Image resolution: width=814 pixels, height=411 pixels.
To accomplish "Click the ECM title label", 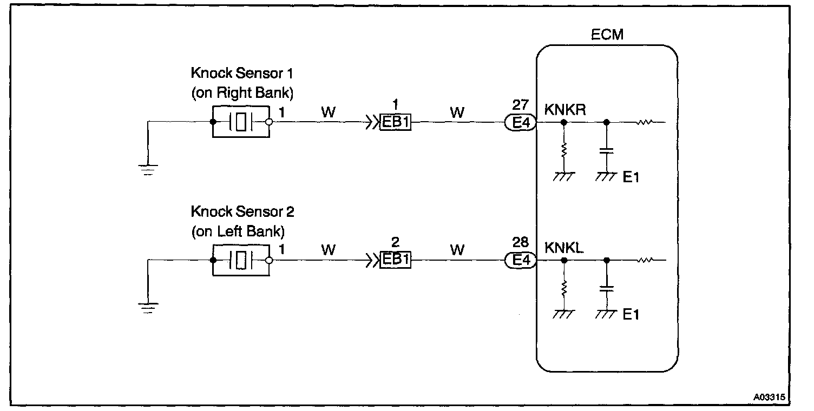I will coord(607,35).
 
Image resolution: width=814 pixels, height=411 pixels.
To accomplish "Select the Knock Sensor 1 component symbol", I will coord(241,122).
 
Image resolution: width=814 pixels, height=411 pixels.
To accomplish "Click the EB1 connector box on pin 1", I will coord(396,123).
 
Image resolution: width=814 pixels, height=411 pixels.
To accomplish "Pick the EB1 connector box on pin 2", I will coord(396,261).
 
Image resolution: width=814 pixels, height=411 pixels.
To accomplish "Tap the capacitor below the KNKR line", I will coord(607,151).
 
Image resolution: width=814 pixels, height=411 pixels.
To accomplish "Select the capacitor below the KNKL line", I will coord(607,289).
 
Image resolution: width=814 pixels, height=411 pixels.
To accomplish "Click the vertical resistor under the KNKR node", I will coord(564,150).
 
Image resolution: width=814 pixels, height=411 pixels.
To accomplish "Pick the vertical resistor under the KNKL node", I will coord(564,289).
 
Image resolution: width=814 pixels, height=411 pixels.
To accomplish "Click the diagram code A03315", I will coord(769,396).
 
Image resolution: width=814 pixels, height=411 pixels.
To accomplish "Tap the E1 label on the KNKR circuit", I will coord(631,177).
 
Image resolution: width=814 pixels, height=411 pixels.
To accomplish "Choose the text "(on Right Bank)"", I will coord(242,93).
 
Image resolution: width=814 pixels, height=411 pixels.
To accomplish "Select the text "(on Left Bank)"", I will coord(238,232).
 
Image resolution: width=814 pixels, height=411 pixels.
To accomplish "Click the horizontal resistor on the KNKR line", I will coord(645,122).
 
